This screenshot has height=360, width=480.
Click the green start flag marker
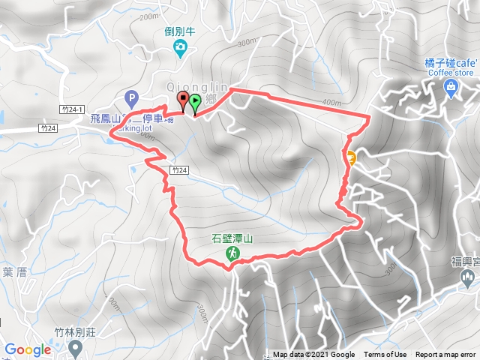point(195,103)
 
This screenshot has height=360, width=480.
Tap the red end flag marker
point(183,101)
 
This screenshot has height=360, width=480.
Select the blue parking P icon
point(132,97)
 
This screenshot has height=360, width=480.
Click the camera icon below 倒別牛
point(180,49)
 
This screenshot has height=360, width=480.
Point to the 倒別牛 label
point(180,33)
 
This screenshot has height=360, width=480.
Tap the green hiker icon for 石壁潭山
point(232,254)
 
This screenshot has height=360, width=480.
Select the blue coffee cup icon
point(451,89)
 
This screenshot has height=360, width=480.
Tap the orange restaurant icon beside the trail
point(350,156)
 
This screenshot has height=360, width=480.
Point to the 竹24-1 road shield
point(72,109)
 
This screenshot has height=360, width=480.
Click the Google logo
point(28,349)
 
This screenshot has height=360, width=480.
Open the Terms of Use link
point(385,355)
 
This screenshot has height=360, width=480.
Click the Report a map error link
point(445,355)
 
